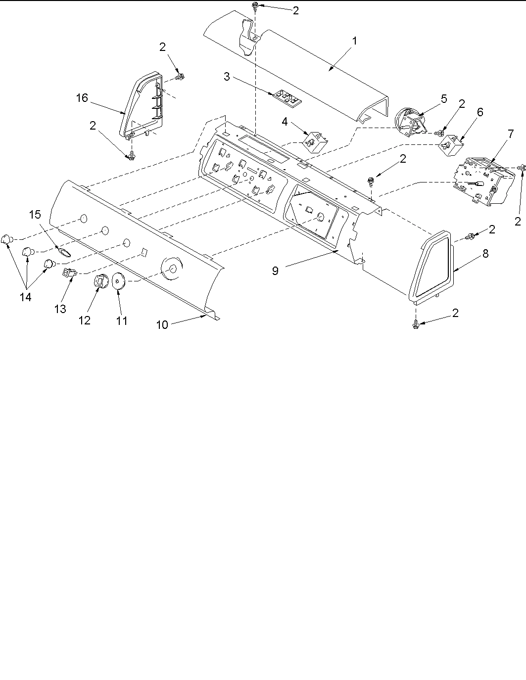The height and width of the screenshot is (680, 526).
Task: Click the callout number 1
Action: pos(354,41)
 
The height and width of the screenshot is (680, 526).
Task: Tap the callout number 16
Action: pos(82,98)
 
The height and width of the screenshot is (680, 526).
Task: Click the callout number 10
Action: pos(163,324)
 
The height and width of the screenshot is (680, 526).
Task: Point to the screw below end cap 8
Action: pos(415,324)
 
